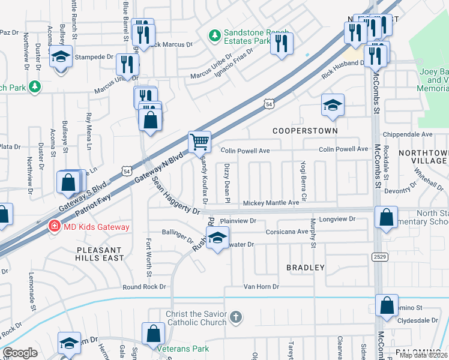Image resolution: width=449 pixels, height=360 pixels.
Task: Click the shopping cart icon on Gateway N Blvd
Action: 200,142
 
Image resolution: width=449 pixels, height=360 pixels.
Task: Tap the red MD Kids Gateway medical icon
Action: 54,226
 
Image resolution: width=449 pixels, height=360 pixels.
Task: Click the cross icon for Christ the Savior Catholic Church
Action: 237,316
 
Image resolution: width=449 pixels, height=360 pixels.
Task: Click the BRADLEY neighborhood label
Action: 305,267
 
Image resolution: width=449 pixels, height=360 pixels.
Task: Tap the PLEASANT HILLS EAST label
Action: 100,253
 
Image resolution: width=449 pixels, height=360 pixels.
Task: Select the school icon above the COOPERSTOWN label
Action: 333,105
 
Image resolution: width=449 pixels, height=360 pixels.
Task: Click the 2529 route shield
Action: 379,256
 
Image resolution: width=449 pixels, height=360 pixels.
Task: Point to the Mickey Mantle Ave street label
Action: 270,203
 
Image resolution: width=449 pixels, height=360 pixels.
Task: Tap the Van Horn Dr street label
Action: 261,287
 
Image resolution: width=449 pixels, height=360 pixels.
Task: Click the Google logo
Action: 20,353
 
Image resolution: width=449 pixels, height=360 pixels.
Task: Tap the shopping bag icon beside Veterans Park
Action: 153,332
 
